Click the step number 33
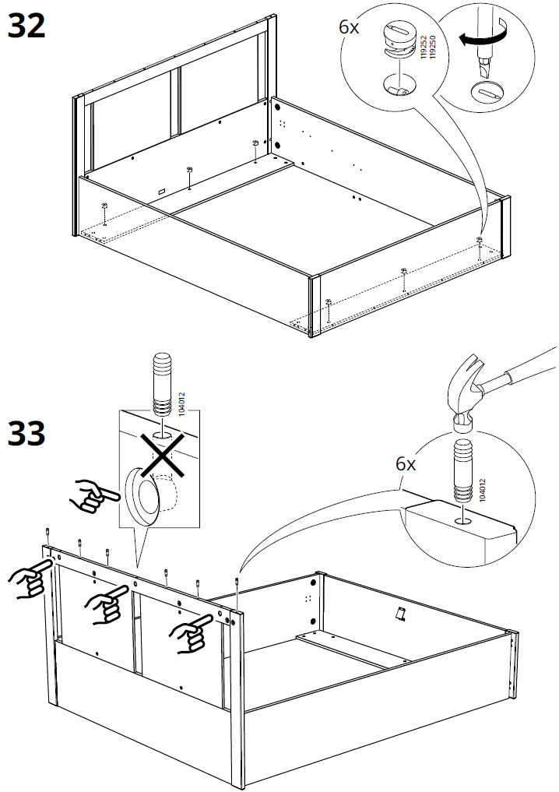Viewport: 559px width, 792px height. [26, 434]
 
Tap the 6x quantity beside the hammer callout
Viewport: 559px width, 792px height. [406, 464]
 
